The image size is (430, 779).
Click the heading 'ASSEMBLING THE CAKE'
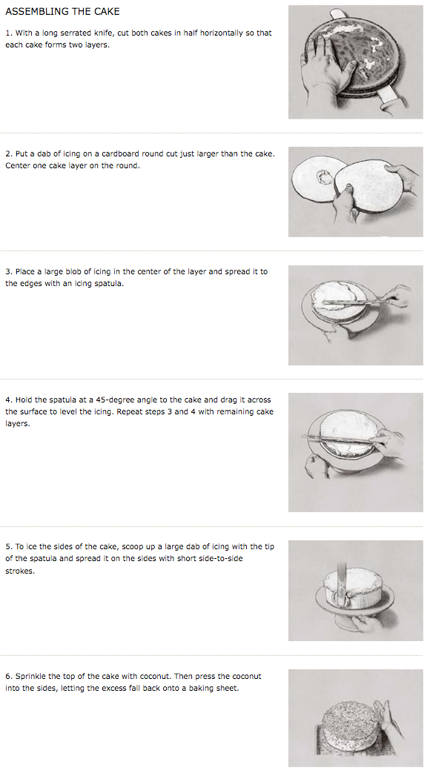click(62, 11)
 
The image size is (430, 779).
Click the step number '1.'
click(9, 33)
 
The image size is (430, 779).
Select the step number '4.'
click(9, 400)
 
